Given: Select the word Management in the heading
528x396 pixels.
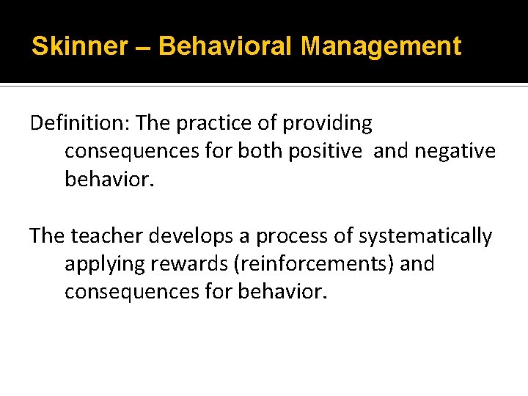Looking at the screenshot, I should (x=381, y=47).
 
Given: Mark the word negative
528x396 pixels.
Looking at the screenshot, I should (x=455, y=151).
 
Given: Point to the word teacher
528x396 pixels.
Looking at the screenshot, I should (x=108, y=236).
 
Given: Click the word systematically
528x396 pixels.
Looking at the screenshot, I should (x=427, y=236).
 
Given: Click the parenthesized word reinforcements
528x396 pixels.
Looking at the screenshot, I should (x=313, y=264).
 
